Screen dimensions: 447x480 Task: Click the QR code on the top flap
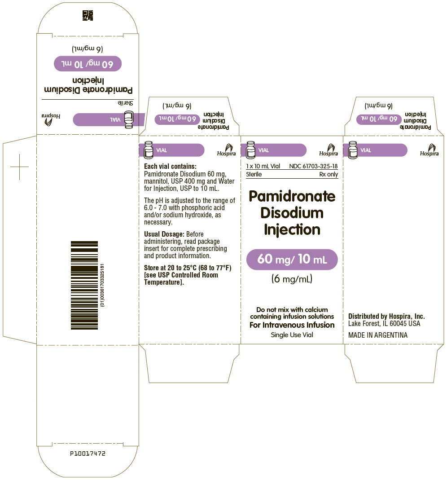pyautogui.click(x=88, y=15)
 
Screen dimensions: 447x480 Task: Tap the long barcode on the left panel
pyautogui.click(x=84, y=285)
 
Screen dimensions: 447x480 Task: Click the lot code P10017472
pyautogui.click(x=88, y=454)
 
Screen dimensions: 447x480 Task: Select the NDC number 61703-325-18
pyautogui.click(x=313, y=166)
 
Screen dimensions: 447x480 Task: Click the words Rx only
pyautogui.click(x=329, y=174)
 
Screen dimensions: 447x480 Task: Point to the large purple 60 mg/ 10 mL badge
pyautogui.click(x=292, y=259)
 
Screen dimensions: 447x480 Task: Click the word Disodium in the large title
pyautogui.click(x=292, y=213)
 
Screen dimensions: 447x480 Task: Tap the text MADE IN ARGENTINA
pyautogui.click(x=378, y=335)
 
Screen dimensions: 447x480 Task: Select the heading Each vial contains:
pyautogui.click(x=170, y=166)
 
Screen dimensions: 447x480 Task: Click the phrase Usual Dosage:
pyautogui.click(x=164, y=234)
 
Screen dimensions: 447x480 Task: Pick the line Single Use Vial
pyautogui.click(x=292, y=335)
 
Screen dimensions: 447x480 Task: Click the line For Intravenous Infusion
pyautogui.click(x=292, y=325)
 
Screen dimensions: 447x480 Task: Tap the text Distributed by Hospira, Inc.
pyautogui.click(x=386, y=316)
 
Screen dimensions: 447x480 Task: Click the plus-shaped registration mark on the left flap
pyautogui.click(x=20, y=167)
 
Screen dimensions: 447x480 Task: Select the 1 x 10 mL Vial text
pyautogui.click(x=263, y=166)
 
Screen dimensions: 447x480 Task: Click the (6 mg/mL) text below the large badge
pyautogui.click(x=292, y=279)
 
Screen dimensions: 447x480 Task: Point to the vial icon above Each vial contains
pyautogui.click(x=149, y=150)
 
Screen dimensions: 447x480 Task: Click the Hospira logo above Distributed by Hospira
pyautogui.click(x=429, y=150)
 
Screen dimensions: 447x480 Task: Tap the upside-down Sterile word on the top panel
pyautogui.click(x=126, y=103)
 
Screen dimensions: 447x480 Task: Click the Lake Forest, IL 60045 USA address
pyautogui.click(x=384, y=324)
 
